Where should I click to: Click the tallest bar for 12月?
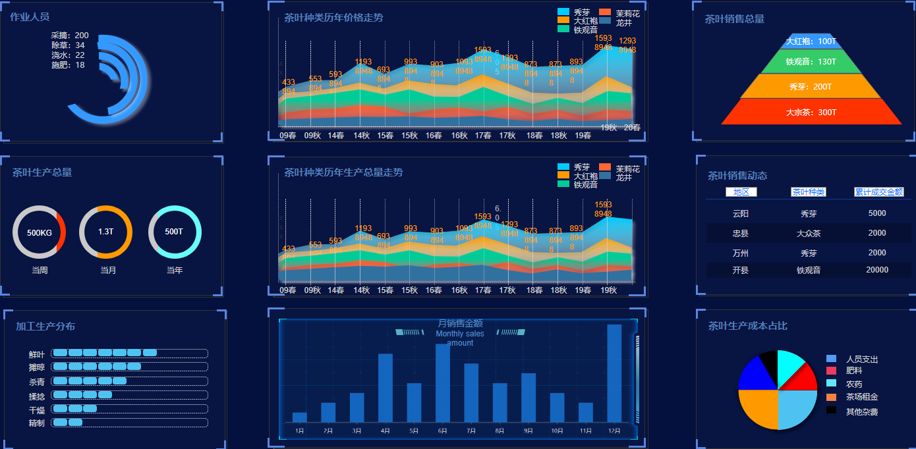click(x=614, y=373)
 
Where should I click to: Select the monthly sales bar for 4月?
click(x=386, y=388)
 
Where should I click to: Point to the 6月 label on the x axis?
click(x=442, y=431)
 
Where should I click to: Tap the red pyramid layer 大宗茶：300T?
click(x=811, y=112)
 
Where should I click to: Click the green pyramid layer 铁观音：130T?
click(x=811, y=61)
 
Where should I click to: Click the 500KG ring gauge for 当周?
click(x=39, y=232)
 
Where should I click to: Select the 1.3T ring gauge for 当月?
click(x=105, y=232)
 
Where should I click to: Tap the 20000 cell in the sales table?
click(x=877, y=270)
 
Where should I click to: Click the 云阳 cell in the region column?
click(x=741, y=214)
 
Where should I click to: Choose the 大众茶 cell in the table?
click(x=808, y=233)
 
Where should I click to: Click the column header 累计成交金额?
click(x=879, y=192)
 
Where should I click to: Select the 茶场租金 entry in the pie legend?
click(x=861, y=397)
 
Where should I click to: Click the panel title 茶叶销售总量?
click(x=734, y=19)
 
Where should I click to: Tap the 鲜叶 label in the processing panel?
click(x=37, y=354)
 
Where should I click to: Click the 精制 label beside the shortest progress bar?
click(x=37, y=423)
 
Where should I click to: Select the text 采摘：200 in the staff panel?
click(x=70, y=36)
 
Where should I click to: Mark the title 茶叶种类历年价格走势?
click(x=333, y=18)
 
